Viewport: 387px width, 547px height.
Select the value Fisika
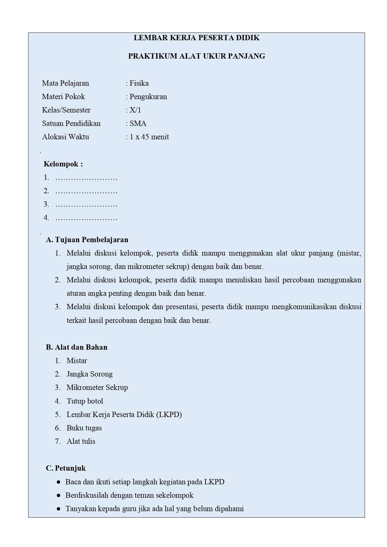[x=139, y=84]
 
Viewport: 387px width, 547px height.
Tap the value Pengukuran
[x=148, y=97]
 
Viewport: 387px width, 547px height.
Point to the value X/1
[x=135, y=110]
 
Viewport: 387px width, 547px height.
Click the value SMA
[x=138, y=124]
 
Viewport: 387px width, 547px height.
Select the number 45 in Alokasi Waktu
[x=145, y=137]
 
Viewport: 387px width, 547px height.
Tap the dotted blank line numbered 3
[x=86, y=205]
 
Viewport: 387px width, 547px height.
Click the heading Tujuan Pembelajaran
[x=91, y=240]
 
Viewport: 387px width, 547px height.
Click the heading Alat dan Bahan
[x=81, y=348]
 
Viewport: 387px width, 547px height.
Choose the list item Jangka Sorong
[x=89, y=374]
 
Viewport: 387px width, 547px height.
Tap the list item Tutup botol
[x=85, y=401]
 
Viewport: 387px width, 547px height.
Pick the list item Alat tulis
[x=81, y=442]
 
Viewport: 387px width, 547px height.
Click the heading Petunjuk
[x=70, y=468]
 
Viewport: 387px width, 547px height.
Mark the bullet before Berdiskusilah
[x=59, y=496]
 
